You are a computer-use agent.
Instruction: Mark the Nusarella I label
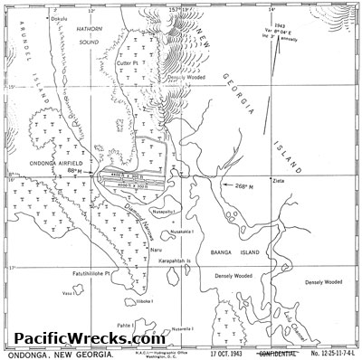click(184, 329)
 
